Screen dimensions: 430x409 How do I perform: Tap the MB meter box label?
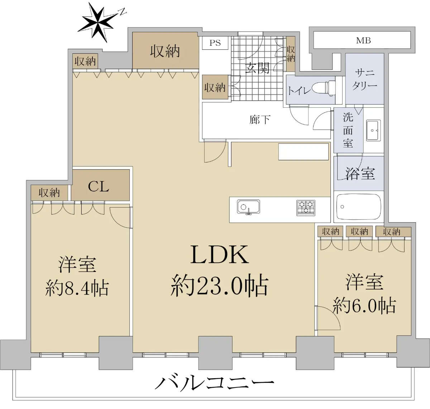[x=363, y=40]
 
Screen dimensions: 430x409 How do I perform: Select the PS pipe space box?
[x=215, y=43]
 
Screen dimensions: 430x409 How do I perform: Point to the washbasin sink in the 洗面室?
[x=373, y=130]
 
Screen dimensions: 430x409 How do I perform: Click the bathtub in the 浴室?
[x=359, y=206]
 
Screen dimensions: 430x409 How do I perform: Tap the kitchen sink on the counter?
[x=248, y=207]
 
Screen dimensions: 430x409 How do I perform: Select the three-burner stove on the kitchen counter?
[x=306, y=208]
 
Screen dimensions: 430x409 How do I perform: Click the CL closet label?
[x=99, y=187]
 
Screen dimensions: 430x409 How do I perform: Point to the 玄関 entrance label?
[x=257, y=68]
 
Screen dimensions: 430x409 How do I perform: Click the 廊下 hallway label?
[x=260, y=120]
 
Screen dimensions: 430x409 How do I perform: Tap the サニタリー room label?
[x=364, y=79]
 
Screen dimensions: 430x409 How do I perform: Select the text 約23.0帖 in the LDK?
[x=219, y=286]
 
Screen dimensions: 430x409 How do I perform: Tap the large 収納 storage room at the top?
[x=166, y=50]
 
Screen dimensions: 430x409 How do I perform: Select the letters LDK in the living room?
[x=219, y=255]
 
